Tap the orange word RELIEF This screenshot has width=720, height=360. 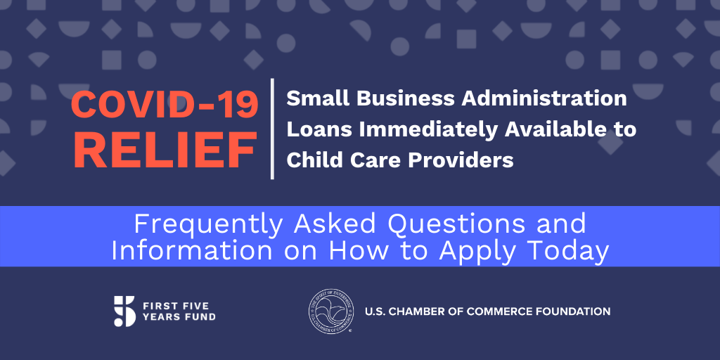[x=165, y=150]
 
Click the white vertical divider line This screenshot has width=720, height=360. [x=272, y=129]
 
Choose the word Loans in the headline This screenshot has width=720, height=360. [x=320, y=130]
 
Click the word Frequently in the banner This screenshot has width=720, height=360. [x=209, y=225]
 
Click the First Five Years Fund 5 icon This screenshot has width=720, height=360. [x=125, y=311]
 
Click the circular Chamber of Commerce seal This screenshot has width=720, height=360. [x=331, y=311]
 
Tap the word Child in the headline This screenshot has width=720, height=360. [x=311, y=160]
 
